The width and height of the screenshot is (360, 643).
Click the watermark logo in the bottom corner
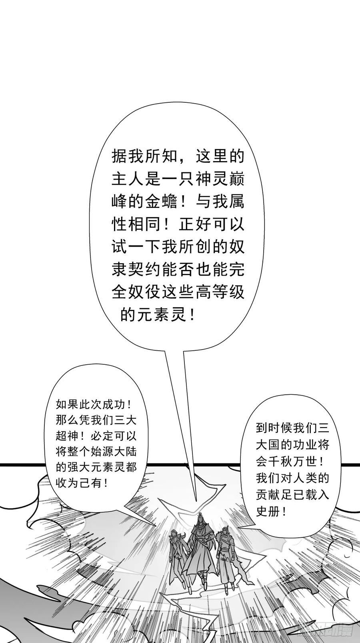pos(324,635)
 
